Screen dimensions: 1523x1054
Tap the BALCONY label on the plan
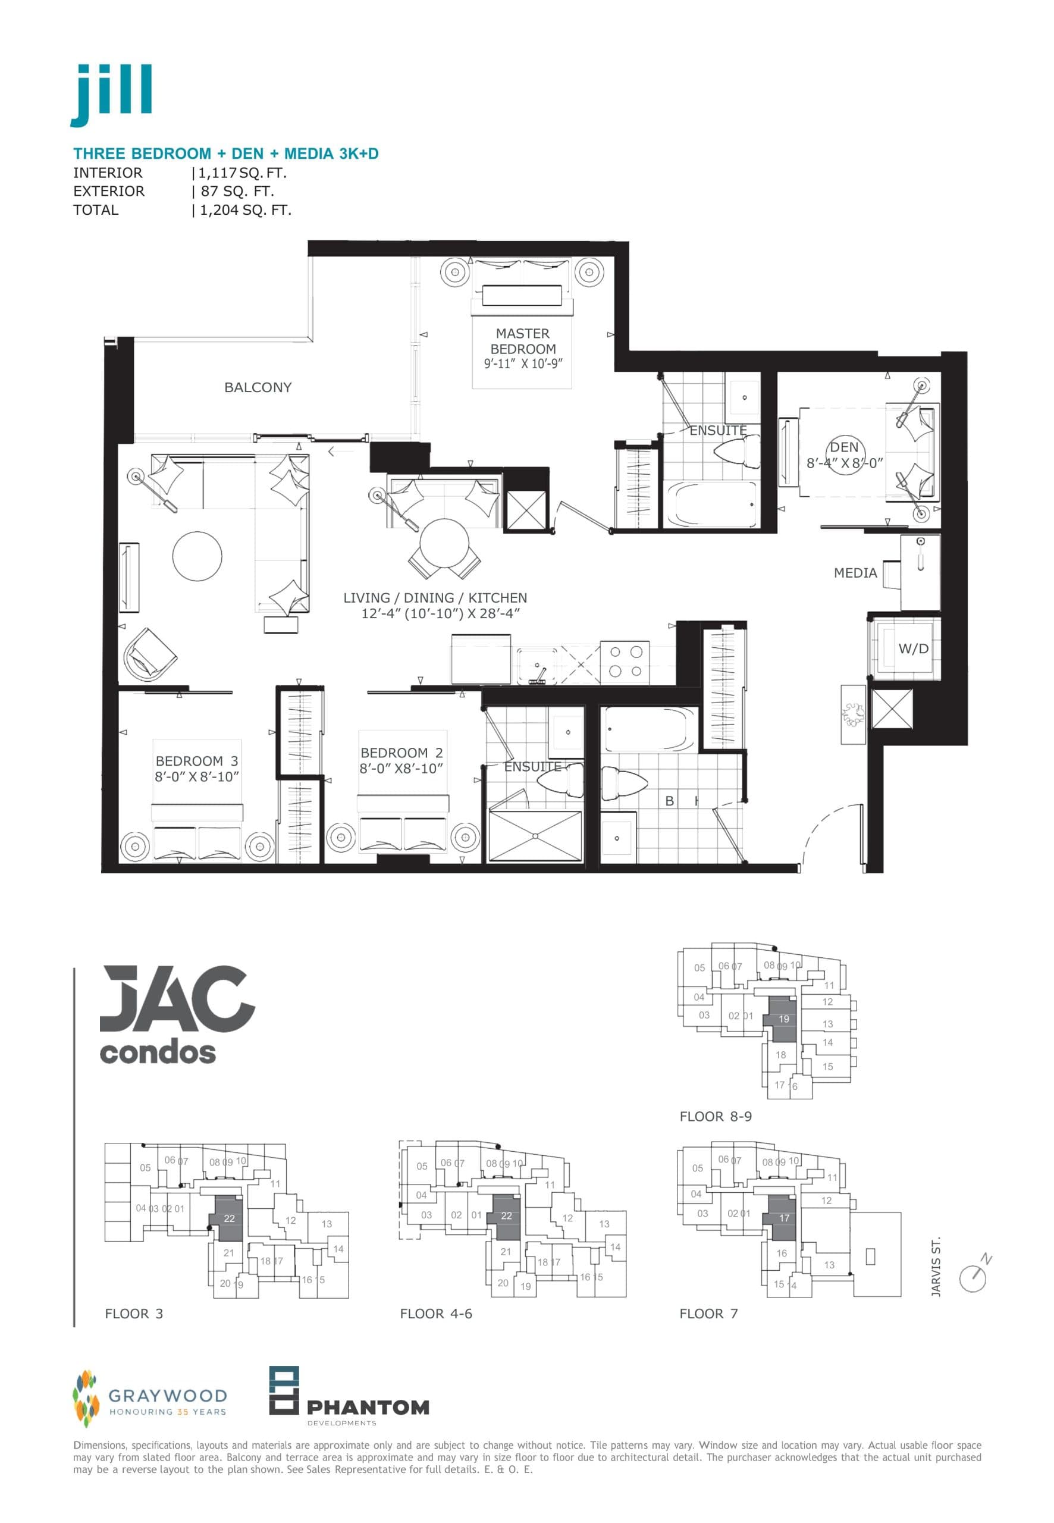click(258, 388)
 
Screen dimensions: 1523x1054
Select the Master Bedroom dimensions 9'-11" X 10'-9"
click(522, 364)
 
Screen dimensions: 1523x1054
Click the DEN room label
click(843, 447)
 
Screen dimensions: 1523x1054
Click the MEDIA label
click(855, 574)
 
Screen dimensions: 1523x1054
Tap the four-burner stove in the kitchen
click(624, 662)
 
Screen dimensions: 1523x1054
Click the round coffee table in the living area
click(197, 556)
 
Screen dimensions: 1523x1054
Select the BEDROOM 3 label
click(196, 761)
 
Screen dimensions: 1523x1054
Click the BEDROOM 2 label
click(401, 753)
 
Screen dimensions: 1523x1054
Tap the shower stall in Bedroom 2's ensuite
click(535, 836)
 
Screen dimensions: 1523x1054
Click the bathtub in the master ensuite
click(711, 504)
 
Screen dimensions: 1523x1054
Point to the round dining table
click(444, 544)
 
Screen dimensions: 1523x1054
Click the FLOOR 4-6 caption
click(436, 1314)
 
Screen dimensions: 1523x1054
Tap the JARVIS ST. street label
click(935, 1267)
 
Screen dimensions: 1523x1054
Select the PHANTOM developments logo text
click(368, 1408)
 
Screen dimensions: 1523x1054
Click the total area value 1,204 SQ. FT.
click(245, 210)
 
